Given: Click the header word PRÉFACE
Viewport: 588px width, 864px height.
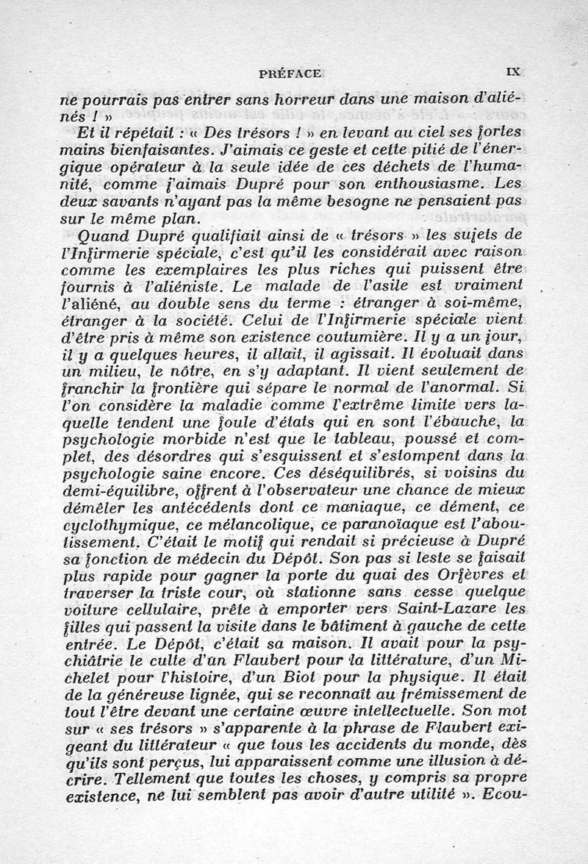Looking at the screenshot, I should pos(289,73).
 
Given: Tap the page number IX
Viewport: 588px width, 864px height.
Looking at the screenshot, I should pos(513,72).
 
